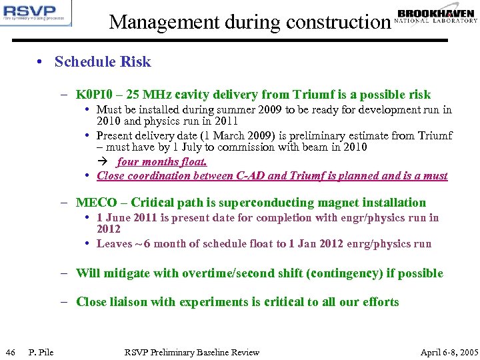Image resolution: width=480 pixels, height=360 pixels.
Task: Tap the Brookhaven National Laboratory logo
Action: pos(436,16)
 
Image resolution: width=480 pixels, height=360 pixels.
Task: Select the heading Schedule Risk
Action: pos(103,62)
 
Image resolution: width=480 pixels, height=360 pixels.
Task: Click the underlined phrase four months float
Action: pos(162,161)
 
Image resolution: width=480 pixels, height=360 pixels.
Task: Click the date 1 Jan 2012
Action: pos(313,243)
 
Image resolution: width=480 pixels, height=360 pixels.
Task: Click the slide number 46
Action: pos(10,352)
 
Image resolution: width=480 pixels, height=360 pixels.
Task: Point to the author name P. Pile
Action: pos(41,352)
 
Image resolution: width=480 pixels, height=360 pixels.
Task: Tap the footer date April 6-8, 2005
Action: pos(449,352)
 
